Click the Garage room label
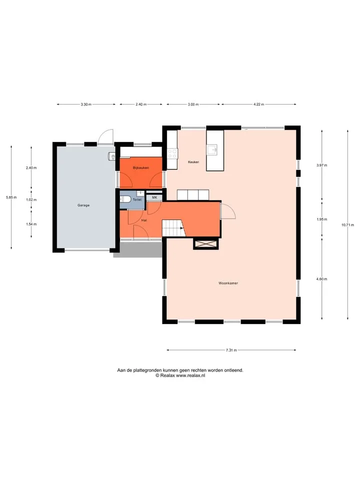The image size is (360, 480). [83, 205]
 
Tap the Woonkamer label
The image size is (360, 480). [228, 283]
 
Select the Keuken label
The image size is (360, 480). [193, 162]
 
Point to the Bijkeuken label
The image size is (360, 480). [141, 168]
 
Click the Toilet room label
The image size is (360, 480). [137, 199]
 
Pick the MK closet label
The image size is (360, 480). [154, 198]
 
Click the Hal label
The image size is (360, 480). [144, 220]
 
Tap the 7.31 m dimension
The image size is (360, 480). [231, 350]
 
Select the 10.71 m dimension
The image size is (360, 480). [348, 225]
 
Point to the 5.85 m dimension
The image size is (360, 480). [11, 197]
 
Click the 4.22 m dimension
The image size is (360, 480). [258, 104]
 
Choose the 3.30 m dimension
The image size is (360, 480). [86, 104]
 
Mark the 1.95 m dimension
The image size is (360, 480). [321, 219]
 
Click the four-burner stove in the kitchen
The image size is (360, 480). [172, 153]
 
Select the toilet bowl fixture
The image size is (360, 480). [125, 199]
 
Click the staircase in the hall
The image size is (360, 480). [173, 228]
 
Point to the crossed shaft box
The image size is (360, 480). [205, 243]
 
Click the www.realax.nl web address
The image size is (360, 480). [190, 375]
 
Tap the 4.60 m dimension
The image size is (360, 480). [321, 279]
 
